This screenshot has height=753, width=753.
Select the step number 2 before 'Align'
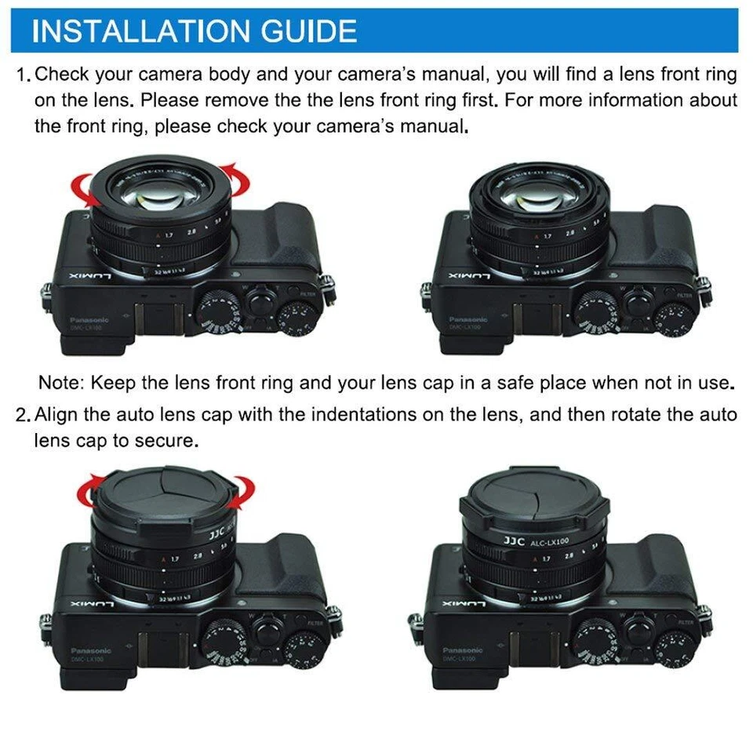tap(22, 415)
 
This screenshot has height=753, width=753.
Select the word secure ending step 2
tap(169, 441)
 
